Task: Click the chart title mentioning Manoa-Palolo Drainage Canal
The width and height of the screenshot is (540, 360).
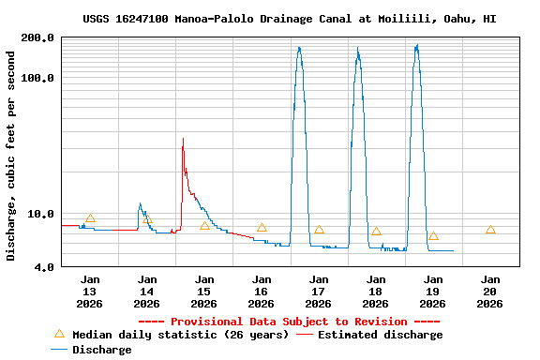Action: click(289, 19)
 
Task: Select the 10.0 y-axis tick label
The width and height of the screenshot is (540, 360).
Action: click(40, 214)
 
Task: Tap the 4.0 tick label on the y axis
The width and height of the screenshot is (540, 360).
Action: click(44, 267)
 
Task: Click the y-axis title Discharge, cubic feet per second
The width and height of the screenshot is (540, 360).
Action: click(11, 156)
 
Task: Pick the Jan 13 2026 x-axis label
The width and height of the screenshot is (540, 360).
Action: click(90, 292)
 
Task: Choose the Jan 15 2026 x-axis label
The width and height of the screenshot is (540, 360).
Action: click(204, 292)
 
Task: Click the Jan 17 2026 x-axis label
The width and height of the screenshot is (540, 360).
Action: click(319, 292)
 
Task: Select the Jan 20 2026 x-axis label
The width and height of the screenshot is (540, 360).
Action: click(490, 292)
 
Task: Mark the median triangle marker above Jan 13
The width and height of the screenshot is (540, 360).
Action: click(90, 218)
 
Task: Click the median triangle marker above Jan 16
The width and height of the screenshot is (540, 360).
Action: click(262, 228)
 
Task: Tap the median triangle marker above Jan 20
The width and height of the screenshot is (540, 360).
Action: click(490, 230)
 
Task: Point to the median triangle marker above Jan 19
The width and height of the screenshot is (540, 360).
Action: click(433, 235)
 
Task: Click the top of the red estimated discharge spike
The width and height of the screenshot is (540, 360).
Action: click(183, 139)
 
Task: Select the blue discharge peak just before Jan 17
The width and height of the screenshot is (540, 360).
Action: click(299, 47)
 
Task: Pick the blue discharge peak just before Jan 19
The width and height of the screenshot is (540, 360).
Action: click(416, 45)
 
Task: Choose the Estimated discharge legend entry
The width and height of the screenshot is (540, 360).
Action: click(380, 335)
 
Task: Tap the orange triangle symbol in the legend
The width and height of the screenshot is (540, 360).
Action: click(59, 334)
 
